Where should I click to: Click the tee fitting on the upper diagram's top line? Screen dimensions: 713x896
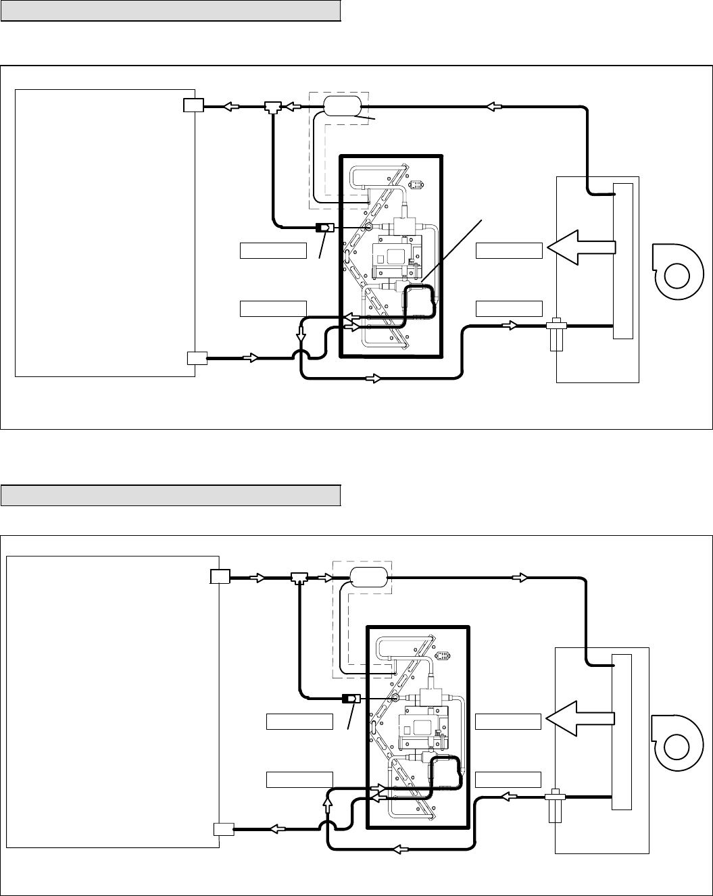point(274,107)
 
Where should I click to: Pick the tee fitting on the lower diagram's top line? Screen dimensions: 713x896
point(299,578)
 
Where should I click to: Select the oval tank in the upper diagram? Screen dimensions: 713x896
point(343,106)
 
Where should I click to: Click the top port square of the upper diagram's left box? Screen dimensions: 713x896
point(193,105)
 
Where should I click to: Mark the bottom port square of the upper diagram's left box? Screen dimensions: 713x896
point(196,358)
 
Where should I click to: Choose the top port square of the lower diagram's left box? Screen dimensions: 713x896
point(220,577)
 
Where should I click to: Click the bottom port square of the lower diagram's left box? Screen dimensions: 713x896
point(223,829)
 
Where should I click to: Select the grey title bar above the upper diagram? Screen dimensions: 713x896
point(170,11)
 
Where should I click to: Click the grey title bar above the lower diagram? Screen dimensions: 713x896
point(170,495)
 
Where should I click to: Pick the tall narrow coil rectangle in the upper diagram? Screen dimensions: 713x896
point(622,260)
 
